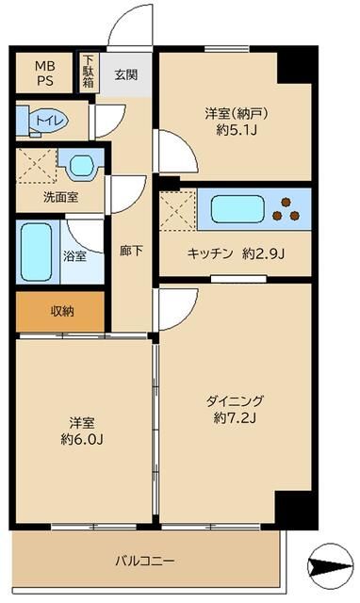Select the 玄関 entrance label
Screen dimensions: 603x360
click(125, 73)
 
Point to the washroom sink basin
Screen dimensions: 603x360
click(81, 165)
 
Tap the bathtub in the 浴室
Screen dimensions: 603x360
click(35, 251)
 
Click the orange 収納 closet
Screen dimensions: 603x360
click(60, 312)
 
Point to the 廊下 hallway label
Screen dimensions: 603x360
click(131, 252)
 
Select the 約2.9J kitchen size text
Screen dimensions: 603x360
click(262, 253)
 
